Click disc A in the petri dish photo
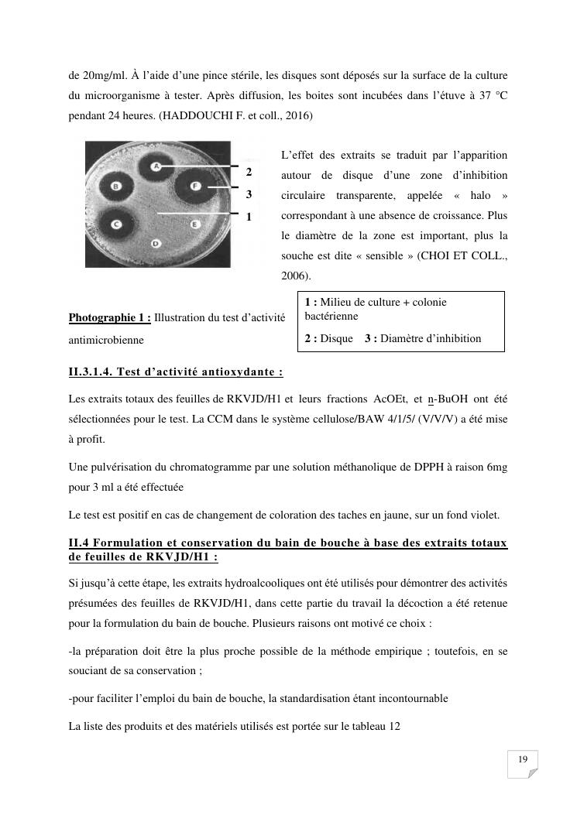pyautogui.click(x=156, y=166)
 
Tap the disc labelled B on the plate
pyautogui.click(x=116, y=187)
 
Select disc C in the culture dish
pyautogui.click(x=118, y=224)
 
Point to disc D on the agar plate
pyautogui.click(x=156, y=243)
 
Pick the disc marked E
pyautogui.click(x=195, y=224)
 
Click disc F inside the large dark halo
pyautogui.click(x=195, y=187)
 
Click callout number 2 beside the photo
pyautogui.click(x=249, y=171)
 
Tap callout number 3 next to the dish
pyautogui.click(x=249, y=193)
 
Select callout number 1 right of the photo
pyautogui.click(x=249, y=217)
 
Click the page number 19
pyautogui.click(x=523, y=759)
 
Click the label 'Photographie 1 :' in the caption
pyautogui.click(x=109, y=317)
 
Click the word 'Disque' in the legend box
pyautogui.click(x=336, y=338)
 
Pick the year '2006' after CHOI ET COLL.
pyautogui.click(x=293, y=275)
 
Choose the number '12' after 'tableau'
pyautogui.click(x=393, y=726)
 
